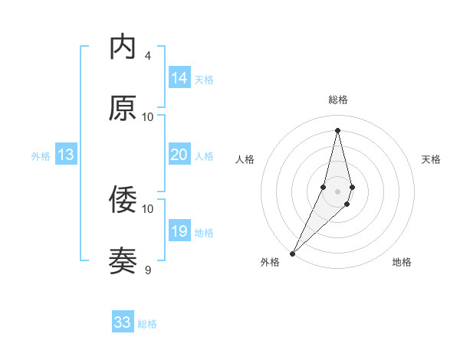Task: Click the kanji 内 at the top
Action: (x=123, y=47)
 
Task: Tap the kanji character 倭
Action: (x=123, y=200)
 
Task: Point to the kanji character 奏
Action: (x=123, y=261)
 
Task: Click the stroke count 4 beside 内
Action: (x=147, y=56)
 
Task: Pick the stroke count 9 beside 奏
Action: (x=147, y=270)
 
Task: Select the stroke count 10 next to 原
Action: (x=148, y=117)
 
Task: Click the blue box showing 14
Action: (x=179, y=78)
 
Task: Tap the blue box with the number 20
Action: (x=179, y=155)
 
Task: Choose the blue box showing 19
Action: (x=179, y=231)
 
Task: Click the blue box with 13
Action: (x=66, y=155)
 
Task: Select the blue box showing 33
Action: (x=123, y=322)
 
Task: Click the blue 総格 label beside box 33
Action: (x=147, y=324)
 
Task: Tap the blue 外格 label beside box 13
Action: (x=41, y=156)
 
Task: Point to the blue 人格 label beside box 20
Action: (x=204, y=156)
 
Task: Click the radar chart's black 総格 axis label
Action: (x=337, y=100)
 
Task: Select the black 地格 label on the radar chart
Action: (x=402, y=263)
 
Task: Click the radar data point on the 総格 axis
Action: (x=337, y=130)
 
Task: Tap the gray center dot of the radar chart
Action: (x=337, y=191)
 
